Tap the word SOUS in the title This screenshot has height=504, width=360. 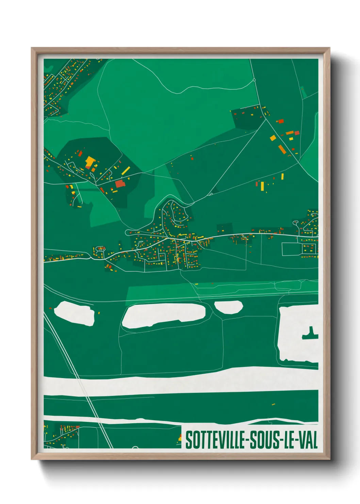click(x=264, y=440)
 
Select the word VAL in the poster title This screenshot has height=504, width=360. click(x=308, y=440)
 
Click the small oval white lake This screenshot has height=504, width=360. click(x=229, y=307)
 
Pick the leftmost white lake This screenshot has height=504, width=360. click(x=74, y=313)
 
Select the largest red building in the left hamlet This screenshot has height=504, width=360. click(x=120, y=184)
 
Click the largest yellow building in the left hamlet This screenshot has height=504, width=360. click(x=90, y=161)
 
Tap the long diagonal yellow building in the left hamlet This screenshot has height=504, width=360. click(x=126, y=170)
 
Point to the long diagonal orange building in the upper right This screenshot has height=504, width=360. click(x=282, y=149)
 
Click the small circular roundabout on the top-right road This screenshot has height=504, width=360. click(x=254, y=80)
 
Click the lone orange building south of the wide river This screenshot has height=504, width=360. click(x=273, y=404)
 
